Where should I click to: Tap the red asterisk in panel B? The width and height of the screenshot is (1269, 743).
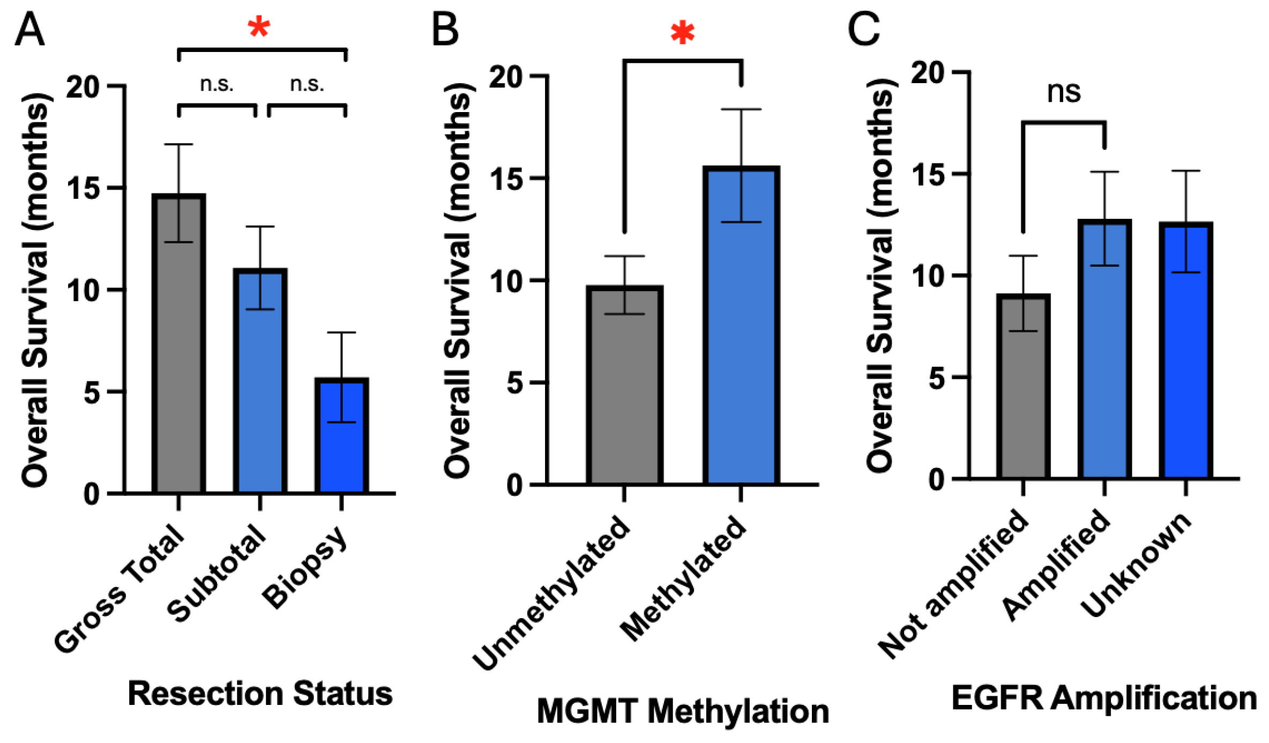click(x=682, y=34)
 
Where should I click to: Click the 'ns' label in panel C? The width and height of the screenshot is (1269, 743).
click(x=1064, y=92)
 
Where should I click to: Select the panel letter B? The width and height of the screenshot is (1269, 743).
click(x=445, y=29)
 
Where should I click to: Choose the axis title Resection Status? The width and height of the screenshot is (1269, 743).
click(x=260, y=694)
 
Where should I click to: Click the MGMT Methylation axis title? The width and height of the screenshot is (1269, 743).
click(x=683, y=712)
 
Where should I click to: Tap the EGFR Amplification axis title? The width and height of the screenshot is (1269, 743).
click(x=1104, y=699)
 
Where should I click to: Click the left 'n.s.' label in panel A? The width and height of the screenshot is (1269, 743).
click(x=217, y=84)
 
